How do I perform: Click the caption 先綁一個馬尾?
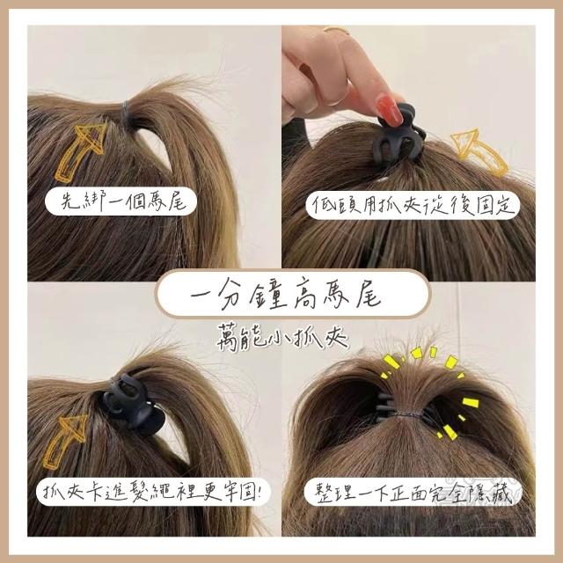(123, 201)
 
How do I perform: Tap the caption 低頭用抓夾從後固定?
(414, 205)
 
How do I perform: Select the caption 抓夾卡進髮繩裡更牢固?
(152, 491)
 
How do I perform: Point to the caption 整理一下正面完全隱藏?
(413, 494)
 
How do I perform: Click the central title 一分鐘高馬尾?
(285, 295)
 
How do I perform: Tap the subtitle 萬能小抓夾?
(282, 337)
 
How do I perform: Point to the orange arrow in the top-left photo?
(80, 150)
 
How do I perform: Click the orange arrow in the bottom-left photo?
(64, 442)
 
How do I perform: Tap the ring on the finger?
(337, 30)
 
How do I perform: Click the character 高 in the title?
(312, 295)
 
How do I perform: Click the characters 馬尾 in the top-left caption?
(170, 201)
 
